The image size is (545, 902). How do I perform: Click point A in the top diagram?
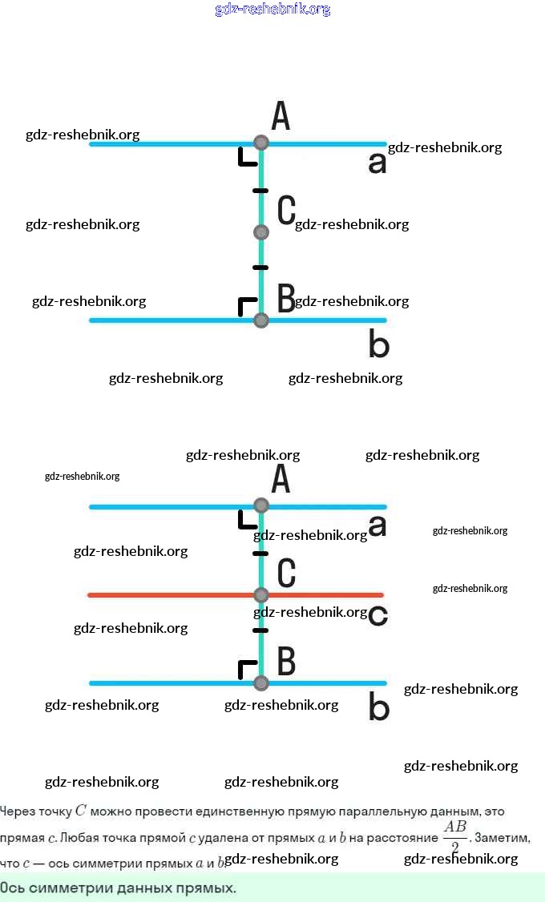260,143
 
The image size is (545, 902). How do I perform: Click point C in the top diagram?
260,232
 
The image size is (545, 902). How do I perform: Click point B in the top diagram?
260,320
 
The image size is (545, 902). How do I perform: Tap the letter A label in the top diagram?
281,116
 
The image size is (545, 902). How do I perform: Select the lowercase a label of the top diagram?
377,163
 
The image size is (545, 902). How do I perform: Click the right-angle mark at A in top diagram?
247,157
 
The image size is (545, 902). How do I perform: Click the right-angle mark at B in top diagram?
247,307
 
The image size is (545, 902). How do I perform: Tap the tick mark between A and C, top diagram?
260,191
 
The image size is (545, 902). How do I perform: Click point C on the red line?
260,594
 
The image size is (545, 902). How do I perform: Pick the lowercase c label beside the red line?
378,615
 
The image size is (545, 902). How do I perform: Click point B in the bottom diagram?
260,683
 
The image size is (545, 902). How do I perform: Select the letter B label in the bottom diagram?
286,662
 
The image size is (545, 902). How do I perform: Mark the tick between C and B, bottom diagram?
260,631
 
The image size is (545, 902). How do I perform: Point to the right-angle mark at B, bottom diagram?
247,670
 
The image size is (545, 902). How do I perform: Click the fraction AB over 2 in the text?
454,837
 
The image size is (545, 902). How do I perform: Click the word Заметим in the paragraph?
501,838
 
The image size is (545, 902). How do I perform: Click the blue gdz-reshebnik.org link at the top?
272,10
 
